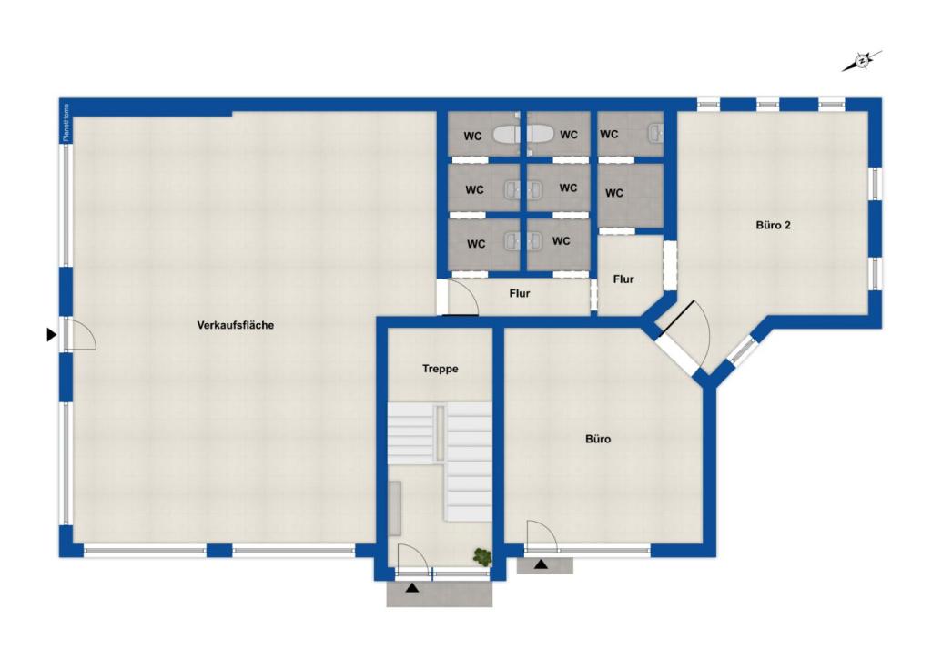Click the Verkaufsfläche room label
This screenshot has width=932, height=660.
pos(236,325)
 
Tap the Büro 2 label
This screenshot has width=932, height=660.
pos(773,224)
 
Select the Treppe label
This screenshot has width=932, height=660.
pos(440,369)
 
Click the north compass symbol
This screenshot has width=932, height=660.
pos(861,62)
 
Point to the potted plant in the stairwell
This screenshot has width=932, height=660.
pos(481,554)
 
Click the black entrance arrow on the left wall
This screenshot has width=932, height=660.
pos(51,335)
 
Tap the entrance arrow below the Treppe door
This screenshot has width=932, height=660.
pos(413,589)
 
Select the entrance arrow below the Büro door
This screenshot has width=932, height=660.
pos(542,564)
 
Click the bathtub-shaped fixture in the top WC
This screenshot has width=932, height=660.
pos(523,136)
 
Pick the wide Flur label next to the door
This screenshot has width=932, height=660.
pos(520,293)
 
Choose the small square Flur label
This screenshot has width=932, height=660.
pos(623,279)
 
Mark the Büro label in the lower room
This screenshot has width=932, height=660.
pos(598,439)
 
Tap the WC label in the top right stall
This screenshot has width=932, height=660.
pos(610,135)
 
